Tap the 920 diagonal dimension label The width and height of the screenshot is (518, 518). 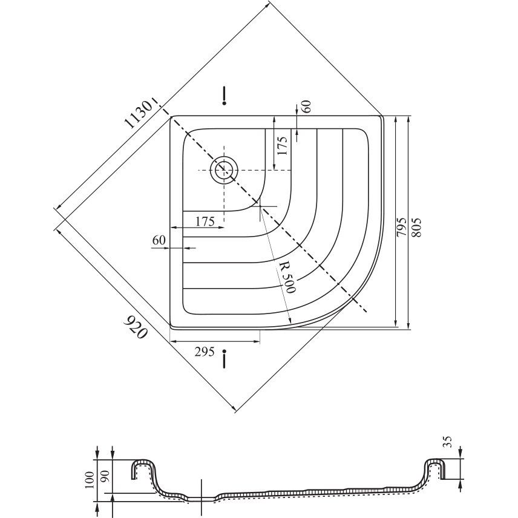coord(136,327)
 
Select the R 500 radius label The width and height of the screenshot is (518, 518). coord(286,278)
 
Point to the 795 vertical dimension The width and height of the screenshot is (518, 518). coord(401,227)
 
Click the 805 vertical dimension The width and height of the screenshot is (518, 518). coord(416,227)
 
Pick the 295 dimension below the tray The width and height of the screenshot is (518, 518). coord(205,352)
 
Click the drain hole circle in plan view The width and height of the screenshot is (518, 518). coord(225,170)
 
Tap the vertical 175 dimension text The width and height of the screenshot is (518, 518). coord(282,145)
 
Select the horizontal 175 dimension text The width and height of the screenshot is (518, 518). coord(205,221)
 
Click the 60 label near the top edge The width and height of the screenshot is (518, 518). coord(306,107)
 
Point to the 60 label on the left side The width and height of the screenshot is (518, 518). coord(159,240)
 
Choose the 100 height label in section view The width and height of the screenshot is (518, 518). coord(90,480)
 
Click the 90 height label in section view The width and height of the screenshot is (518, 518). coord(106,477)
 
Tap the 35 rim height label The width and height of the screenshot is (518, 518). coord(448,442)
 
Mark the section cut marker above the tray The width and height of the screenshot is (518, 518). coord(225,96)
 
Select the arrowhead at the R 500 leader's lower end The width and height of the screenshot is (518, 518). coord(289,321)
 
